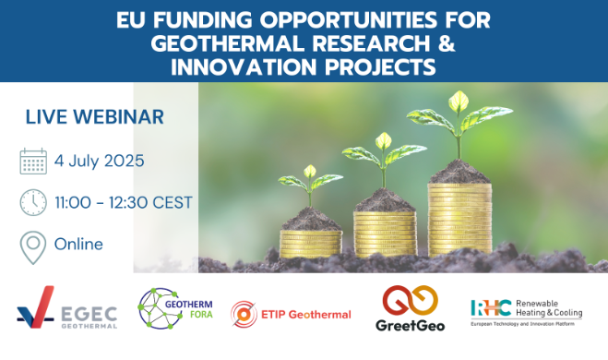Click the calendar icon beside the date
tap(33, 161)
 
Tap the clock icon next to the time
tap(33, 202)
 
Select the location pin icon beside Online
tap(33, 247)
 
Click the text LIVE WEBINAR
tap(95, 116)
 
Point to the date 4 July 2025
tap(100, 161)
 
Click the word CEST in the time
tap(173, 202)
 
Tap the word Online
tap(78, 244)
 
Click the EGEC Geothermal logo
tap(67, 307)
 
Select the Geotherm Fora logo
tap(175, 308)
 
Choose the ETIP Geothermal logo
tap(291, 314)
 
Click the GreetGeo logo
tap(411, 308)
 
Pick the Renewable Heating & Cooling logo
tap(527, 312)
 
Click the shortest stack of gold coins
tap(311, 244)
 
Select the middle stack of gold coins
tap(385, 234)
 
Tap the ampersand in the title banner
tap(447, 43)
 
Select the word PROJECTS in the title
tap(380, 66)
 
